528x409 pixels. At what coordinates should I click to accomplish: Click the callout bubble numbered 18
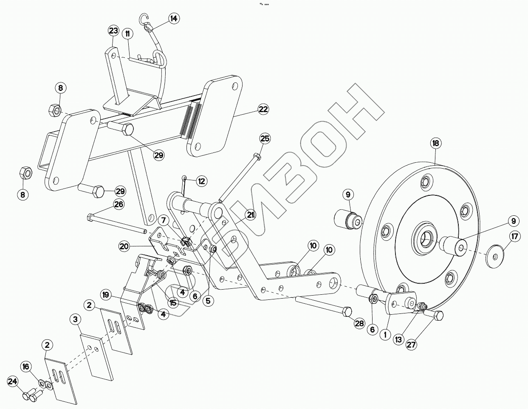tap(435, 143)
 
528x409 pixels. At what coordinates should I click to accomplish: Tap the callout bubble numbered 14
tap(173, 19)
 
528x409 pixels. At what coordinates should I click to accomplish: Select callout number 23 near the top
tap(113, 31)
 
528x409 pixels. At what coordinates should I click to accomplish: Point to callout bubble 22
tap(263, 110)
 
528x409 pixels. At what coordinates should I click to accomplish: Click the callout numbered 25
tap(265, 138)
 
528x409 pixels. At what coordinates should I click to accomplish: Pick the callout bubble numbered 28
tap(359, 324)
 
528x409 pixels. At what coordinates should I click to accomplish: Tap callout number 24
tap(13, 382)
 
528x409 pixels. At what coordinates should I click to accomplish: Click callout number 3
tap(75, 319)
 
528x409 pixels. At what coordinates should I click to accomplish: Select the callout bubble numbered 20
tap(124, 246)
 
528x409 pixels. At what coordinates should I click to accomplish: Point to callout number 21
tap(251, 216)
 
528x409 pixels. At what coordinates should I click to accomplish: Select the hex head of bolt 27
tap(438, 316)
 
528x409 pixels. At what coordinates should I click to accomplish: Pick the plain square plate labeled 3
tap(98, 356)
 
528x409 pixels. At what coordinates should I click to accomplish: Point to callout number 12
tap(201, 181)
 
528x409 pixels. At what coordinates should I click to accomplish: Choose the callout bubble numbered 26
tap(119, 204)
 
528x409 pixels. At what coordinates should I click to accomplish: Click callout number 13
tap(398, 339)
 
